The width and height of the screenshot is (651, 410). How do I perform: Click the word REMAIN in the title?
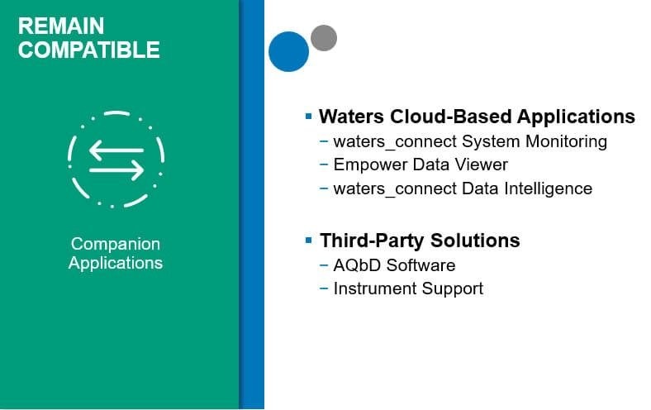click(x=61, y=26)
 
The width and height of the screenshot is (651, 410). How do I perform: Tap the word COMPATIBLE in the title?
click(x=89, y=50)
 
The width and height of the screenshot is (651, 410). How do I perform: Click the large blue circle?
click(x=288, y=51)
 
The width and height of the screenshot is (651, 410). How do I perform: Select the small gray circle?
click(x=324, y=38)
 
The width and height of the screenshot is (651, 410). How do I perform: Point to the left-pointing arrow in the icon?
click(x=116, y=150)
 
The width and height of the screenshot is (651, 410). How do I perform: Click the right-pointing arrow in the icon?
click(x=116, y=170)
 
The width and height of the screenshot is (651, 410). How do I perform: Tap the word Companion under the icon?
click(x=116, y=244)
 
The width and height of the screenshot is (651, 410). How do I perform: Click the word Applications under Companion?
click(x=116, y=263)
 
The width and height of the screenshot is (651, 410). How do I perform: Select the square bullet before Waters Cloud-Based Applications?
click(x=308, y=116)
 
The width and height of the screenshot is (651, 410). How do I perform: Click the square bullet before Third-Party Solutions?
click(x=308, y=240)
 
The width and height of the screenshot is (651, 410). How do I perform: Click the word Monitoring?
click(x=566, y=141)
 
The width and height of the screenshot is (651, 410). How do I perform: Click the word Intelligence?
click(x=548, y=189)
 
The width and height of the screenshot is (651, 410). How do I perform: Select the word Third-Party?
click(x=373, y=241)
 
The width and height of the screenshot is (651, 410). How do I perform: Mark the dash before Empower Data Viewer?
click(x=324, y=164)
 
